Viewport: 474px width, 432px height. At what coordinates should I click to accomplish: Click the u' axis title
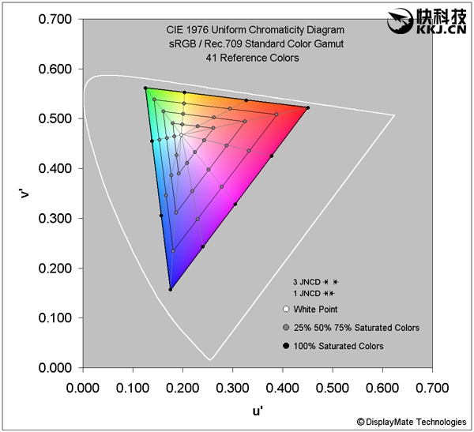(258, 410)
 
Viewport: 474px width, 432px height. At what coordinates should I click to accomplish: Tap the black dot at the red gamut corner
(307, 107)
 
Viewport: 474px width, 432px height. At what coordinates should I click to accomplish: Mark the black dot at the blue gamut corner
(170, 290)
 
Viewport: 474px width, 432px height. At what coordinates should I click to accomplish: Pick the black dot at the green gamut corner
(145, 88)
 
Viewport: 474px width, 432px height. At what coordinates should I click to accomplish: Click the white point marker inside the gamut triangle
(181, 135)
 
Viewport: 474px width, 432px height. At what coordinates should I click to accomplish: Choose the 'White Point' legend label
(316, 309)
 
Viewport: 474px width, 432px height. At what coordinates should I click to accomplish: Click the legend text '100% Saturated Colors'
(338, 346)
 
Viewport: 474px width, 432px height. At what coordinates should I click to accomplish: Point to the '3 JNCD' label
(306, 281)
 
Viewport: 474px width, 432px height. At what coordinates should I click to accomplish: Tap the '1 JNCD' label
(306, 293)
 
